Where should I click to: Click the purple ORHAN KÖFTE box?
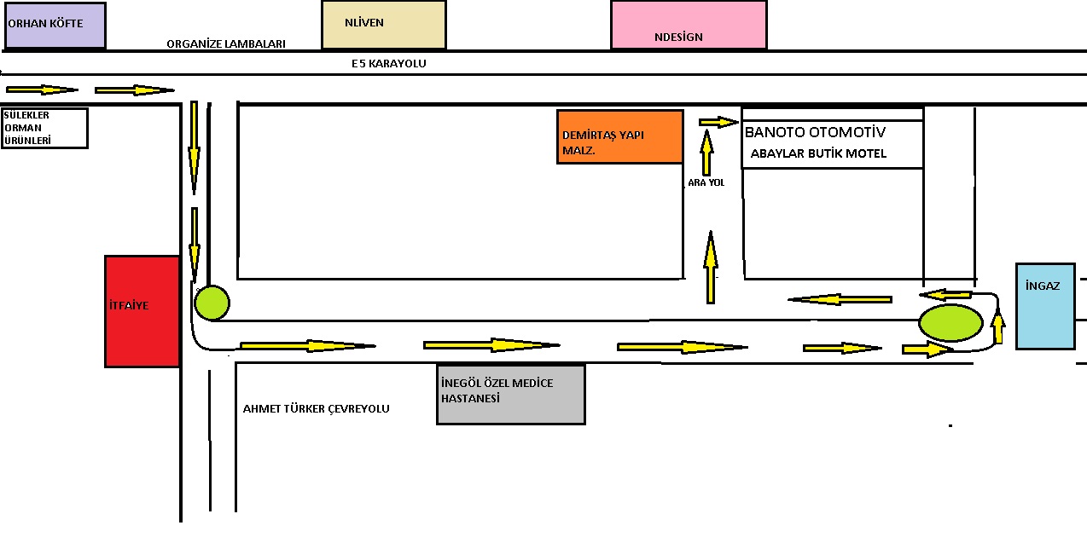pyautogui.click(x=55, y=26)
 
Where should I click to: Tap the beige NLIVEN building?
pyautogui.click(x=383, y=25)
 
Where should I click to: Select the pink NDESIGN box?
pyautogui.click(x=688, y=25)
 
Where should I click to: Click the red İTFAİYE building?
pyautogui.click(x=142, y=311)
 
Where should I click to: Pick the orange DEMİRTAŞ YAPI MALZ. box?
pyautogui.click(x=619, y=136)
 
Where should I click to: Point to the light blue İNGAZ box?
pyautogui.click(x=1044, y=306)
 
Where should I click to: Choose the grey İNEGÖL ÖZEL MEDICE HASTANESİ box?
pyautogui.click(x=510, y=394)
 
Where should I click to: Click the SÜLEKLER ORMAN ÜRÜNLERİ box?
pyautogui.click(x=45, y=128)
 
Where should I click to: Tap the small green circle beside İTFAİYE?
pyautogui.click(x=212, y=303)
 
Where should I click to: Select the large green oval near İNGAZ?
pyautogui.click(x=950, y=322)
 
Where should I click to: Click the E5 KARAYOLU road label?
pyautogui.click(x=388, y=63)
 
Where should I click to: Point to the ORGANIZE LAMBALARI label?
pyautogui.click(x=225, y=43)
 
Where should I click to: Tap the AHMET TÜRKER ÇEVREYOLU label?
pyautogui.click(x=316, y=408)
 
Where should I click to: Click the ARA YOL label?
pyautogui.click(x=706, y=182)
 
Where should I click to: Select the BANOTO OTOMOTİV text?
pyautogui.click(x=815, y=132)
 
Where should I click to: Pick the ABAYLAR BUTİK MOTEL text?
pyautogui.click(x=818, y=153)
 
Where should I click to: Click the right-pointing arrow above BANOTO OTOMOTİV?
pyautogui.click(x=718, y=122)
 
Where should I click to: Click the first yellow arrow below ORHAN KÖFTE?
pyautogui.click(x=41, y=89)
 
